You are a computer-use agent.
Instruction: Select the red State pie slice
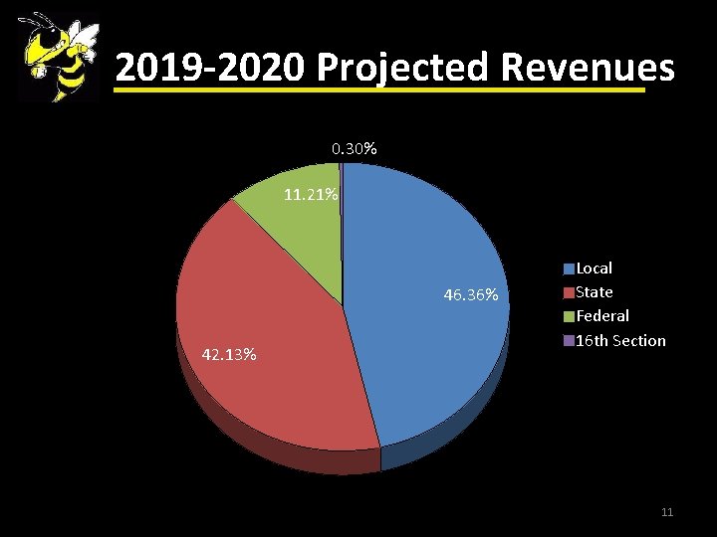point(269,328)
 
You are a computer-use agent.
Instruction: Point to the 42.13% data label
point(229,354)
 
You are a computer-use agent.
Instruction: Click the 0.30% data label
point(354,149)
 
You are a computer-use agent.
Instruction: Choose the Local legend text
point(595,268)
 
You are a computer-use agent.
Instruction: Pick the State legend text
point(595,292)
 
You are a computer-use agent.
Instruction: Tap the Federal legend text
point(602,316)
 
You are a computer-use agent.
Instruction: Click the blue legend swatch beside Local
point(569,268)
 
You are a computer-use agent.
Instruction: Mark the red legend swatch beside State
point(569,292)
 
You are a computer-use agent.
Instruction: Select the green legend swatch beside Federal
point(569,316)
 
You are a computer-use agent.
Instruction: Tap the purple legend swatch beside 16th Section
point(569,341)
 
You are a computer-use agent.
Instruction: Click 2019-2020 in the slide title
point(210,68)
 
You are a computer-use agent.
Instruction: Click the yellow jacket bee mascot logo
point(58,58)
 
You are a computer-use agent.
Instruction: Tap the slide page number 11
point(667,512)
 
